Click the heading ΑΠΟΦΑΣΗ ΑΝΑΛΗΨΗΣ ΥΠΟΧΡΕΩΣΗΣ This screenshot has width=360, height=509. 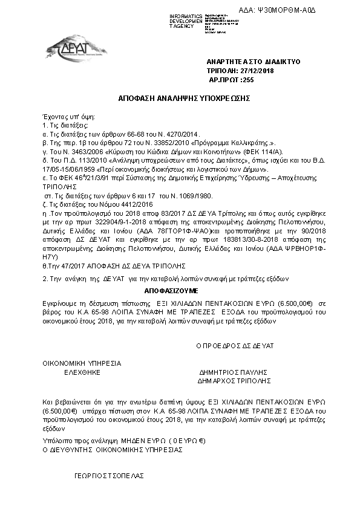(x=185, y=97)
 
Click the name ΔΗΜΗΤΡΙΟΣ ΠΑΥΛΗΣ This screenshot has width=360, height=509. (x=233, y=373)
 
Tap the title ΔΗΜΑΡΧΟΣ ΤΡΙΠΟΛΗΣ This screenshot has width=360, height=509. (x=233, y=381)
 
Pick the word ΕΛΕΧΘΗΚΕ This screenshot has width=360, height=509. (x=82, y=373)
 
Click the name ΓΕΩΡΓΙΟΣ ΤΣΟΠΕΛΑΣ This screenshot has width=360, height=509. (x=109, y=476)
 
